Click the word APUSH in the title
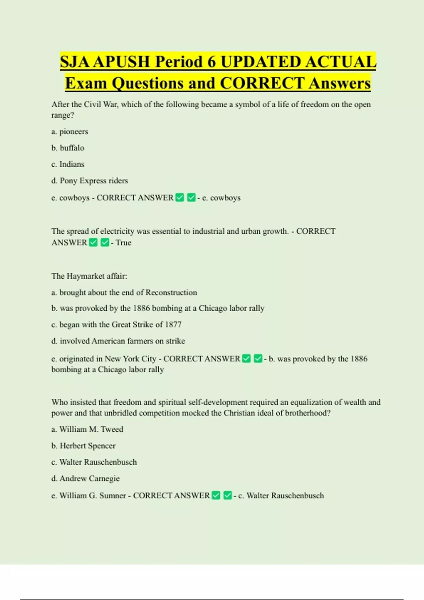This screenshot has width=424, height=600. click(x=122, y=62)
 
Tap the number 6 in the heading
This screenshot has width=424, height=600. click(x=211, y=62)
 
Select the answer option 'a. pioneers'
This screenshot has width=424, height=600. click(x=70, y=132)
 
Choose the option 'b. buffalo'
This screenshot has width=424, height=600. click(x=68, y=148)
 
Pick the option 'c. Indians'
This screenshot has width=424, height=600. click(x=68, y=164)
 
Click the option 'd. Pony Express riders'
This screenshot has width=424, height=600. click(x=89, y=181)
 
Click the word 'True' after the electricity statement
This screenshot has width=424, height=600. click(x=123, y=243)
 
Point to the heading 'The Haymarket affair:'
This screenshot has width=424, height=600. click(x=89, y=276)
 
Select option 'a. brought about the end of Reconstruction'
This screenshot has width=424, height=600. click(x=124, y=293)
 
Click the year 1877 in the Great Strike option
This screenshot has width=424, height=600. click(x=173, y=325)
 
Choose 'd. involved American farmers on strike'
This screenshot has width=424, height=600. click(x=118, y=341)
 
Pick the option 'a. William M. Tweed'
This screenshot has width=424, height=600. click(x=87, y=430)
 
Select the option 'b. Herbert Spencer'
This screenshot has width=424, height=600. click(x=83, y=446)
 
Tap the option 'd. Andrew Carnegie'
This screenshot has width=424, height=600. click(x=86, y=479)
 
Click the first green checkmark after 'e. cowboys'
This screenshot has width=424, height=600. click(x=180, y=198)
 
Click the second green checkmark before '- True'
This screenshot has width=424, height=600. click(x=105, y=242)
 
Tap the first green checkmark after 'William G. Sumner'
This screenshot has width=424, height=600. click(x=216, y=496)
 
